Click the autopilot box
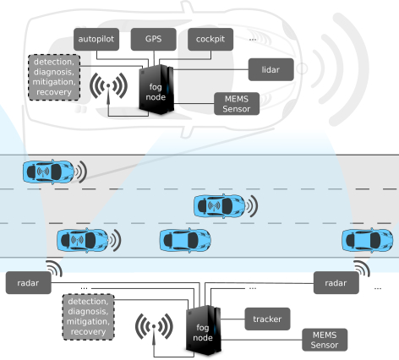(x=96, y=39)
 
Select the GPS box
(x=154, y=39)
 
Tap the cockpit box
(x=210, y=39)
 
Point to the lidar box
(x=271, y=69)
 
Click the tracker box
(x=267, y=319)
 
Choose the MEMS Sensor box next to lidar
(x=237, y=104)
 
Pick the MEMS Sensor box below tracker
(x=325, y=340)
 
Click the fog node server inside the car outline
(x=156, y=90)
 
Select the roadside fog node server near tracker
(x=203, y=330)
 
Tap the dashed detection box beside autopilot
(x=54, y=77)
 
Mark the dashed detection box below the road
(x=88, y=317)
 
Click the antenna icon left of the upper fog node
(x=108, y=86)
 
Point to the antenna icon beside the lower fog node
(x=154, y=327)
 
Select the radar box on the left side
(x=29, y=283)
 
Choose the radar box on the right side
(x=336, y=283)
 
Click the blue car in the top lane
(x=48, y=172)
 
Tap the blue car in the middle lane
(x=220, y=206)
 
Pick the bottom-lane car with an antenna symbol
(x=83, y=240)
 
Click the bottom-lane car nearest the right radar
(x=368, y=240)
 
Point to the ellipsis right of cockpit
(x=253, y=40)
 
